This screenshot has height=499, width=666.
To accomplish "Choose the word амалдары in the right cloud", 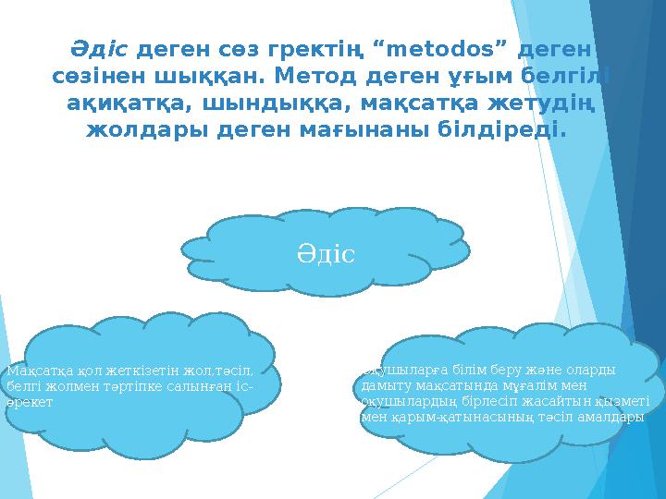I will point(607,418).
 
